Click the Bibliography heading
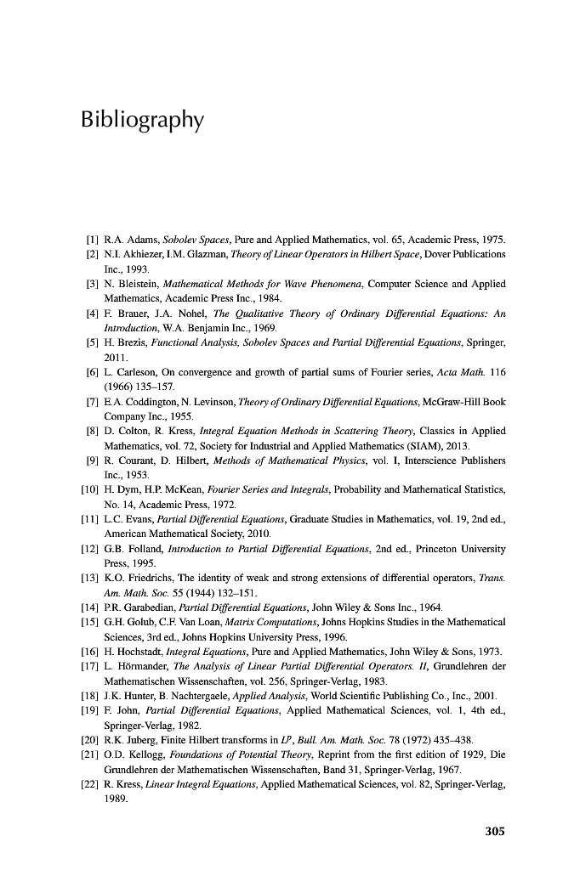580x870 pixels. point(142,120)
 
